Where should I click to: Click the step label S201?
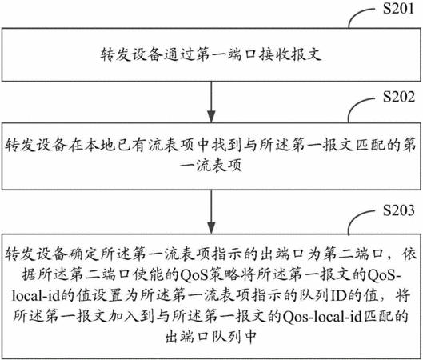tap(398, 8)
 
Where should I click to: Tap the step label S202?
tap(399, 97)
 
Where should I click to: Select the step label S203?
tap(399, 210)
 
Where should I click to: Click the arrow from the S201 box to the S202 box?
tap(211, 102)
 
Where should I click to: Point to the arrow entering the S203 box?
tap(211, 212)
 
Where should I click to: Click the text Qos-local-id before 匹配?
tap(321, 317)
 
